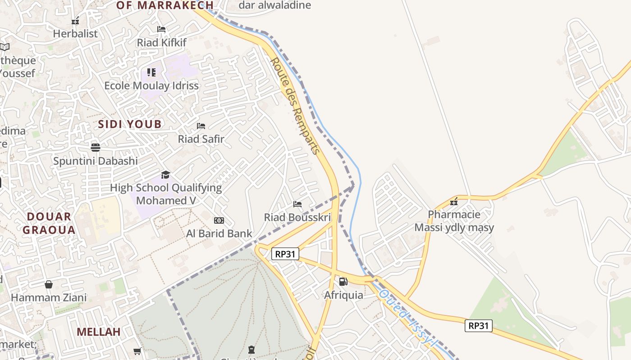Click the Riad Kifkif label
pyautogui.click(x=162, y=43)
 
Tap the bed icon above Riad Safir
pyautogui.click(x=201, y=126)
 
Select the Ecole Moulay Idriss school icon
pyautogui.click(x=151, y=72)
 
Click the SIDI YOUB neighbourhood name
pyautogui.click(x=130, y=125)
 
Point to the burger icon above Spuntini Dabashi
pyautogui.click(x=95, y=148)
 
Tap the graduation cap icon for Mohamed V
pyautogui.click(x=165, y=175)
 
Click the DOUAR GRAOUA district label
pyautogui.click(x=49, y=223)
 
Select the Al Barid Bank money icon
pyautogui.click(x=219, y=220)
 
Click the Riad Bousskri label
pyautogui.click(x=297, y=217)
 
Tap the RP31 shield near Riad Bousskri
pyautogui.click(x=286, y=254)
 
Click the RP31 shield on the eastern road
pyautogui.click(x=478, y=325)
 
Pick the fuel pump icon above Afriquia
pyautogui.click(x=343, y=282)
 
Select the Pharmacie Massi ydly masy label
pyautogui.click(x=454, y=221)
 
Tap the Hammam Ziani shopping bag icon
pyautogui.click(x=49, y=284)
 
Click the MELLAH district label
pyautogui.click(x=98, y=332)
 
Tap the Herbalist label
pyautogui.click(x=75, y=33)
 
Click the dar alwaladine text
pyautogui.click(x=274, y=5)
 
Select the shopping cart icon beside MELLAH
pyautogui.click(x=137, y=351)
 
